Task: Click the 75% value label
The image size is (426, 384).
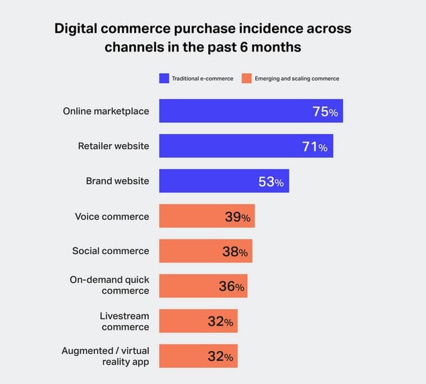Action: pos(326,112)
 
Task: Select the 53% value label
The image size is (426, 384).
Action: pos(271,182)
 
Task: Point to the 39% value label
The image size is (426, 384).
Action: pos(237,217)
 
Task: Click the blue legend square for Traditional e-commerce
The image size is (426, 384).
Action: pos(164,78)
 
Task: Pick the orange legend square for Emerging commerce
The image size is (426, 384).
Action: pos(246,78)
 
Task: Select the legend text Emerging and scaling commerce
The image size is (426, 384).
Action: pos(297,78)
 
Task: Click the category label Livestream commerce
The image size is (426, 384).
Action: pos(125,321)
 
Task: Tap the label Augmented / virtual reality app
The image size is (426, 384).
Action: pos(106,356)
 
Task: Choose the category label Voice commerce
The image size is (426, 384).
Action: pos(112,216)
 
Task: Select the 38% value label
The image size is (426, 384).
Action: pos(235,252)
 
